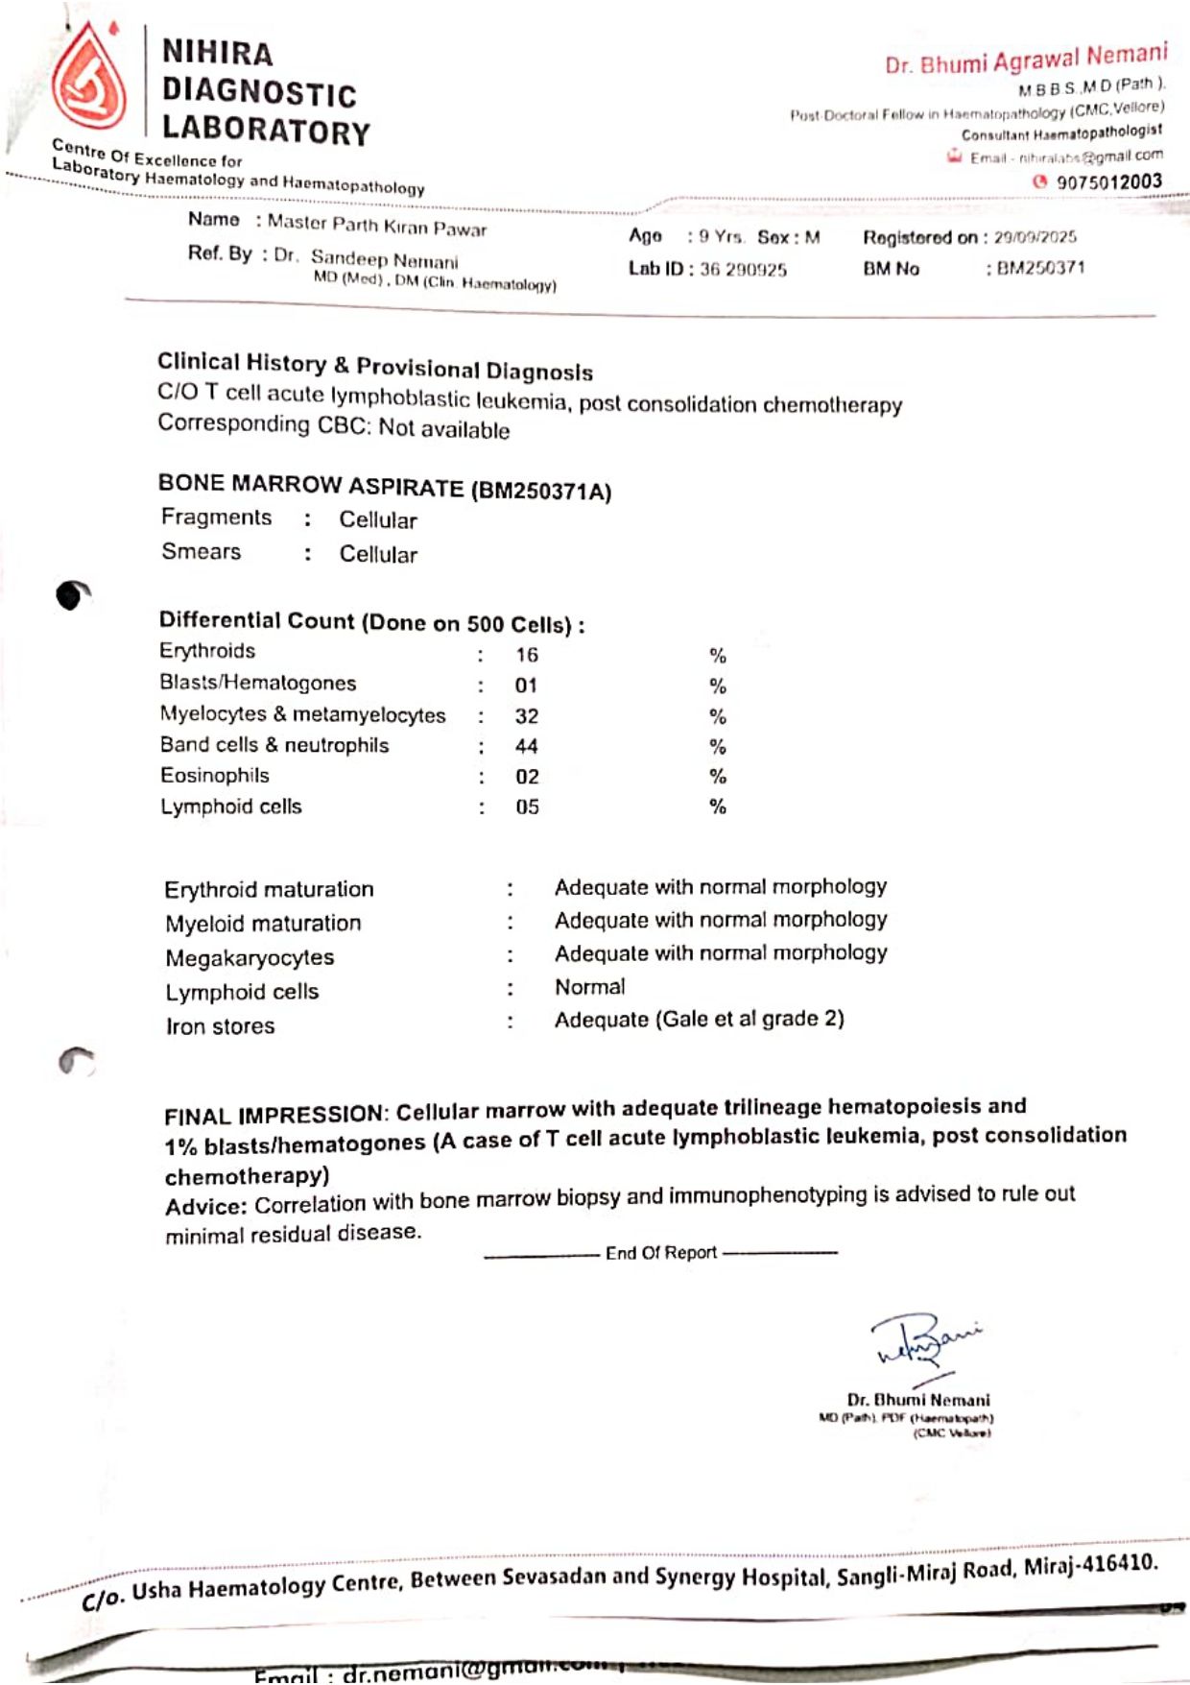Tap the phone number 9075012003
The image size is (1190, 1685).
pos(1108,182)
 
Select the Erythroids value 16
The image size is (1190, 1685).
pos(527,656)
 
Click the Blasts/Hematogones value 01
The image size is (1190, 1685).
pos(526,686)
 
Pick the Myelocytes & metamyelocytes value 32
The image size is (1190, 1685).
pos(527,717)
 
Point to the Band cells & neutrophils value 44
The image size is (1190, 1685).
pos(527,747)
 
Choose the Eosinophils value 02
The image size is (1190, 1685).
pos(527,778)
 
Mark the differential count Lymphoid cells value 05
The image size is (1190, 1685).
pos(527,807)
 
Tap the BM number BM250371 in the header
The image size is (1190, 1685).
pos(1040,268)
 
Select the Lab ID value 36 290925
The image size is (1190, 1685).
pos(743,270)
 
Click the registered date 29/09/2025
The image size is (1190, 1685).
pos(1035,237)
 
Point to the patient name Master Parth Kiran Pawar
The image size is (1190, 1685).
pos(377,226)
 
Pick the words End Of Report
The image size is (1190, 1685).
pos(661,1253)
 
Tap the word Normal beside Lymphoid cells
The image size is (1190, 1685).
pos(589,987)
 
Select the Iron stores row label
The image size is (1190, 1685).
pos(220,1026)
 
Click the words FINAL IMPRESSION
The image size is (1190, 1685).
pos(274,1116)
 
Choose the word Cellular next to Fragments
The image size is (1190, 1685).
pos(378,520)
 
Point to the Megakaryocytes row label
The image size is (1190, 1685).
pos(250,958)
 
